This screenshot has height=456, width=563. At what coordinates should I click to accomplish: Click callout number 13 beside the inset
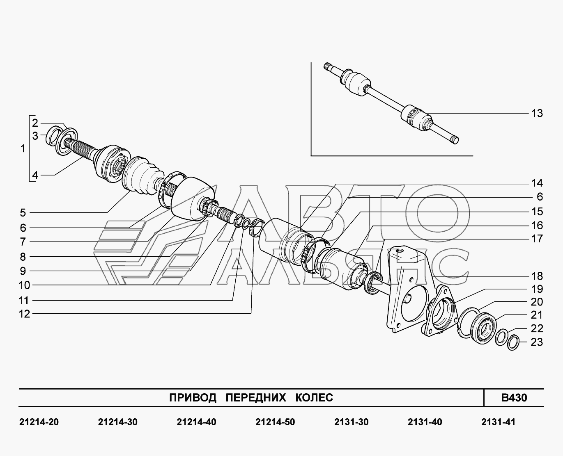537,113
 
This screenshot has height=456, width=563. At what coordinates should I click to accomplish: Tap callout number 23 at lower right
537,342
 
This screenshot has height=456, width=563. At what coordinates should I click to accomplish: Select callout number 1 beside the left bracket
23,148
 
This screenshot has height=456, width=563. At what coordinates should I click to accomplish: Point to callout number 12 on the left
24,314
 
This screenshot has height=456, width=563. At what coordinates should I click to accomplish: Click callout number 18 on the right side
537,276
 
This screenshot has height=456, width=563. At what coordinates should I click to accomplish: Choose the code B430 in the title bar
514,398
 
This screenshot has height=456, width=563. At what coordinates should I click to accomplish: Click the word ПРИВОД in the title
193,398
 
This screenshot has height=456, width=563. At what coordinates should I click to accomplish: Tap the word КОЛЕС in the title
314,398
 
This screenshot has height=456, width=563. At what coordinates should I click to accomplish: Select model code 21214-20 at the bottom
39,422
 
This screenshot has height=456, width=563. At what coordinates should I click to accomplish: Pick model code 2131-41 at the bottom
498,422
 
